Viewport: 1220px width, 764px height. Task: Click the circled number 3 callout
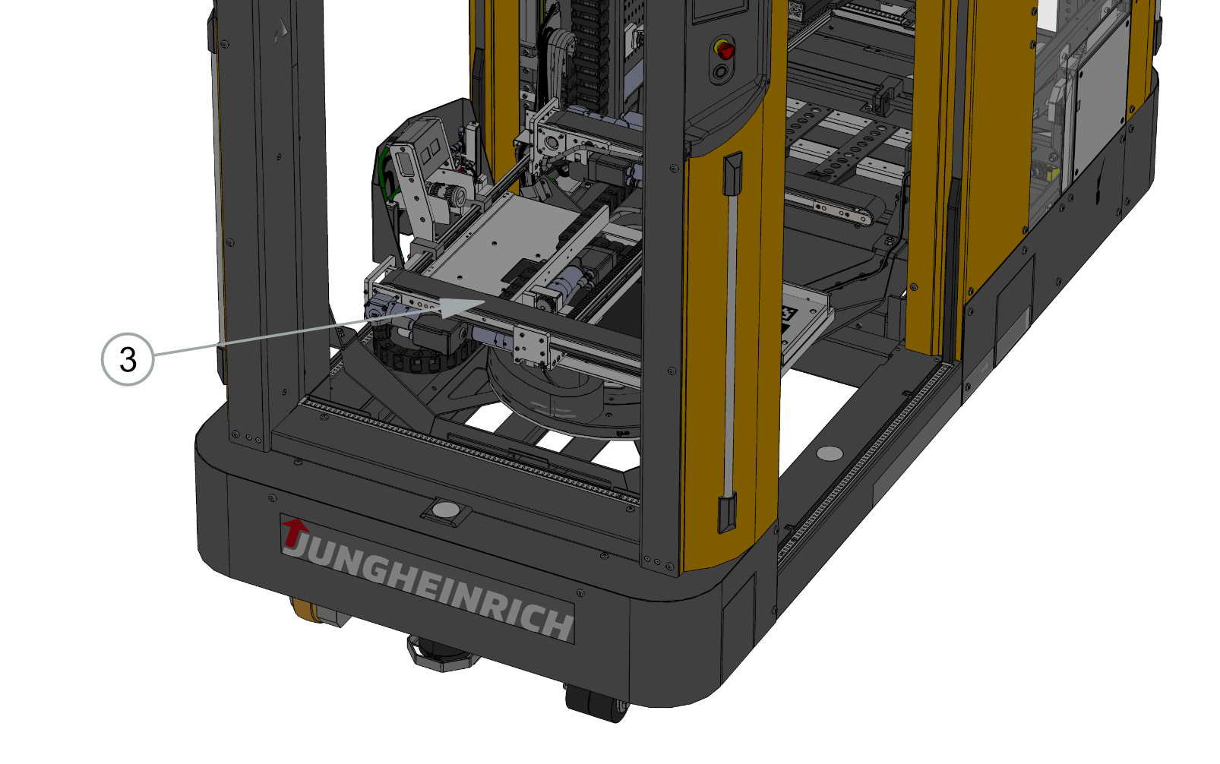click(128, 359)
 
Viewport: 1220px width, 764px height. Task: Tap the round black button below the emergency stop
click(721, 72)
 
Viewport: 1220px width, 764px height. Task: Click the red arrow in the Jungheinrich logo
click(295, 532)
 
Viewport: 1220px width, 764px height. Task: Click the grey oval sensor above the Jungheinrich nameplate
click(446, 510)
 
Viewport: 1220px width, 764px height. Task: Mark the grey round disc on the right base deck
click(830, 453)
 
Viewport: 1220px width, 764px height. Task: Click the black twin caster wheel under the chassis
click(598, 703)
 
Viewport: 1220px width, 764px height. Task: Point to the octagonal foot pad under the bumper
click(441, 653)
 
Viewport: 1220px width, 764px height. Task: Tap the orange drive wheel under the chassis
click(307, 608)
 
